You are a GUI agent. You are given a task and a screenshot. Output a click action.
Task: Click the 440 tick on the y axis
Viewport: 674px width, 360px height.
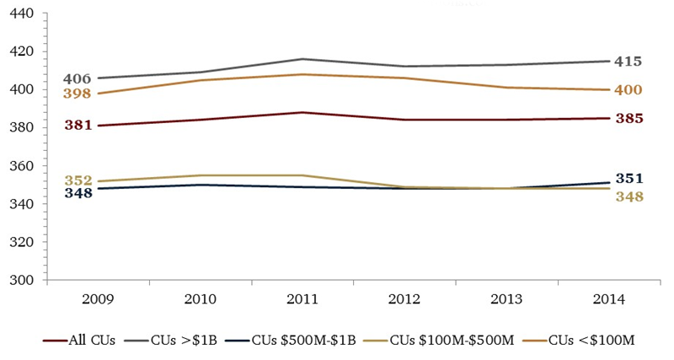pos(21,13)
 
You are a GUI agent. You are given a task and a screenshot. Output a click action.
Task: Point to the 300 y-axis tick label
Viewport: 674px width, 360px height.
pos(21,280)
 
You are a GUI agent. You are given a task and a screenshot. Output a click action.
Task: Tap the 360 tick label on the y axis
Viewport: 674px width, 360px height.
pos(21,166)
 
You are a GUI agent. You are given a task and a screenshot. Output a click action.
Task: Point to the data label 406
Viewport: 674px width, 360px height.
pos(77,78)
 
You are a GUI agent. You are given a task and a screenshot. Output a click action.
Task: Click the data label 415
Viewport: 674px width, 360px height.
pos(629,62)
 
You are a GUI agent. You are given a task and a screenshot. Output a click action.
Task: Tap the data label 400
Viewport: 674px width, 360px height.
pos(629,90)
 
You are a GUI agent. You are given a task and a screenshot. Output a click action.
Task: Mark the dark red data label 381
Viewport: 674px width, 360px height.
pos(77,126)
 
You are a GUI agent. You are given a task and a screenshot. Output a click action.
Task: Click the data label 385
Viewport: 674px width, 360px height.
pos(629,118)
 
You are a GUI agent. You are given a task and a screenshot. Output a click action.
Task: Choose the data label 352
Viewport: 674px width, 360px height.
pos(77,180)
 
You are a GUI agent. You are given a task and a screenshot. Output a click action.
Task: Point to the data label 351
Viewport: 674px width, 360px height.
pos(629,178)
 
